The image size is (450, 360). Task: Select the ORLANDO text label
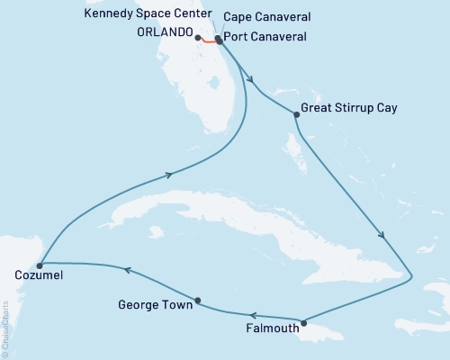166,35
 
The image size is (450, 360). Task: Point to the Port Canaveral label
265,37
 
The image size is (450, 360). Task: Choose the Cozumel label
39,275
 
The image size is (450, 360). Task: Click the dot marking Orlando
198,38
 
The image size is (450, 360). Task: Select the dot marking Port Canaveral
218,40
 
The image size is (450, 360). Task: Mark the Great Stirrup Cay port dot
296,114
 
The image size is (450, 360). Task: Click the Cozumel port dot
39,265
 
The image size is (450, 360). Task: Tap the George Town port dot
197,301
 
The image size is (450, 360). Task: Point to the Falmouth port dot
303,323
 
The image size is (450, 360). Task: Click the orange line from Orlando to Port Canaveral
208,41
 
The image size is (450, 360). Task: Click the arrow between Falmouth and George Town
253,315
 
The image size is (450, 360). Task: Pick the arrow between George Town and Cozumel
127,270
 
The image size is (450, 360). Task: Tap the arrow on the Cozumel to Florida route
168,176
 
